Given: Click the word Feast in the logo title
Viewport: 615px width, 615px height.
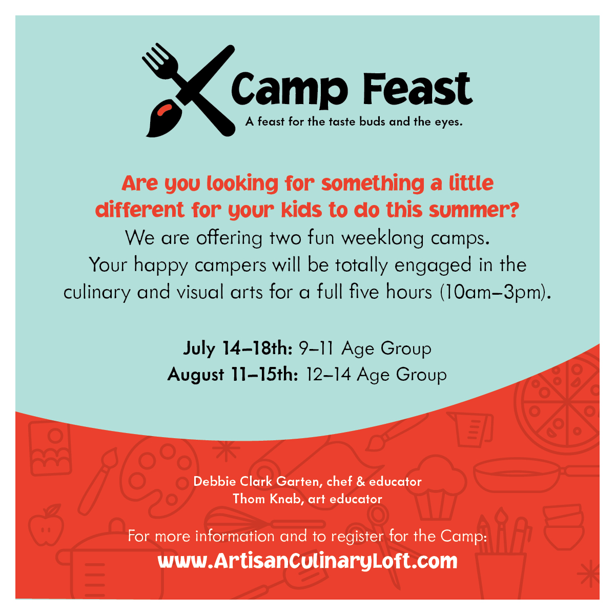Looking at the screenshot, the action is pyautogui.click(x=418, y=89).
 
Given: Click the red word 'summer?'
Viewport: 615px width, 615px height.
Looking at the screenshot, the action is pyautogui.click(x=474, y=210).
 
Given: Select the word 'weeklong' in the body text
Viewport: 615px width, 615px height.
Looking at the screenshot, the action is pyautogui.click(x=383, y=238).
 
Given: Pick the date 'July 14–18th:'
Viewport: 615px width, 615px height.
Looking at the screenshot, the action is pyautogui.click(x=238, y=348).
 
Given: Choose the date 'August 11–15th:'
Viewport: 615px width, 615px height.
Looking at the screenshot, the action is pyautogui.click(x=233, y=374).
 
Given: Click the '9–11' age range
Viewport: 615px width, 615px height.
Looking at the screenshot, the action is pyautogui.click(x=316, y=348).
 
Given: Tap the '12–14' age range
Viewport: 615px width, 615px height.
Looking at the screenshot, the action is pyautogui.click(x=329, y=374).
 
